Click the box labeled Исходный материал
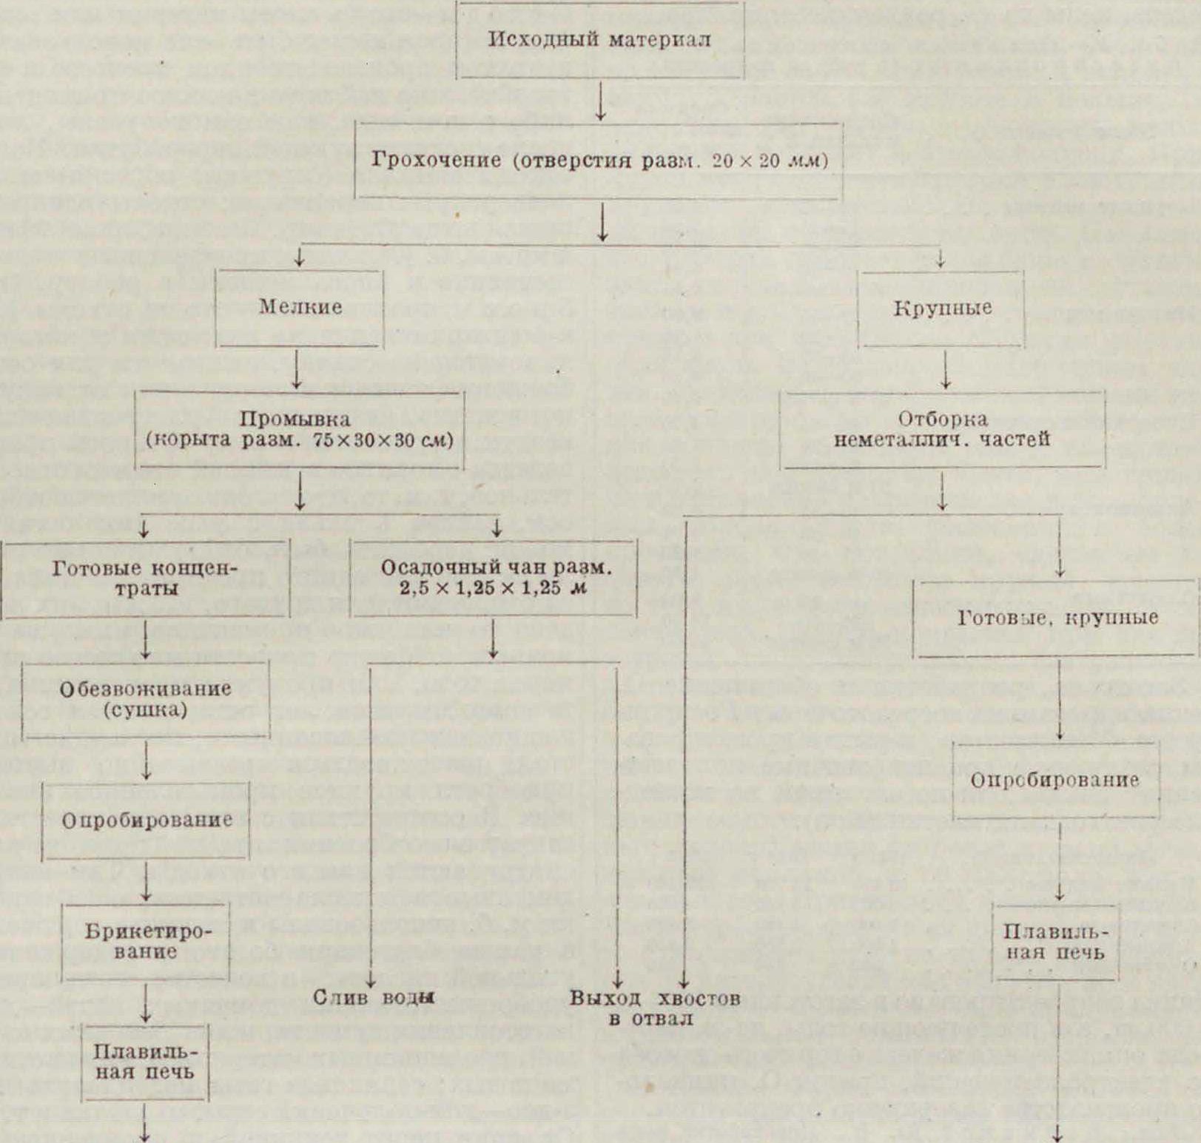point(599,40)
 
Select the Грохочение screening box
point(599,161)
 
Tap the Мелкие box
point(300,307)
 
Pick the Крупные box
point(941,308)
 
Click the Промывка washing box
point(299,430)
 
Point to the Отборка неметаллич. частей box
point(942,430)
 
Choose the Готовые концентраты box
point(146,579)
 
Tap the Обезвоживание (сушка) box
point(146,699)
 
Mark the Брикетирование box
point(146,941)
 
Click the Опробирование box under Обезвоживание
point(146,820)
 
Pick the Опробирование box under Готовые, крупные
point(1055,781)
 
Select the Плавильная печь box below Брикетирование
point(146,1062)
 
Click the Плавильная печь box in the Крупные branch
point(1056,942)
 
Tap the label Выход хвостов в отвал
point(655,1008)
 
